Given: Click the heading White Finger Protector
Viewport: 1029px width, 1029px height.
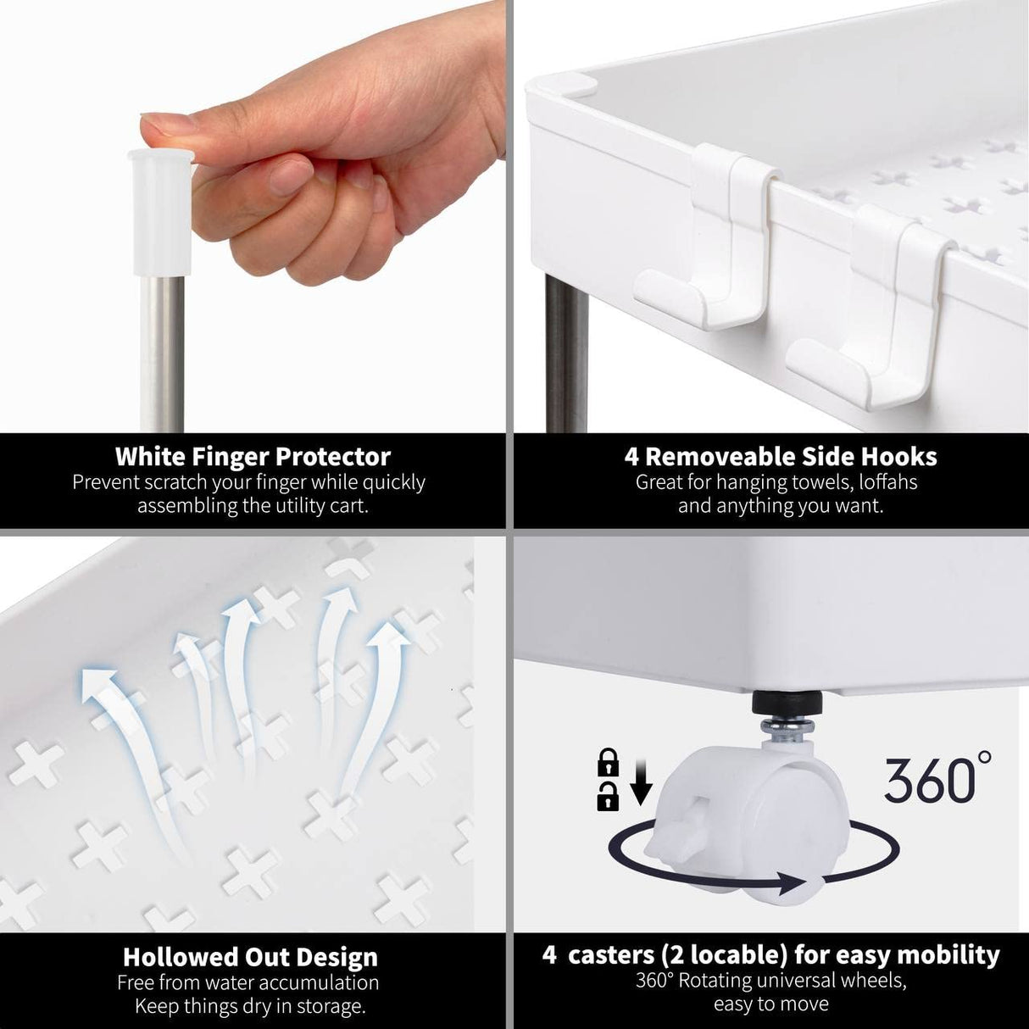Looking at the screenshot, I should coord(253,457).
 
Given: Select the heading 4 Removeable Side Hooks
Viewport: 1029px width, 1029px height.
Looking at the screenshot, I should coord(781,457).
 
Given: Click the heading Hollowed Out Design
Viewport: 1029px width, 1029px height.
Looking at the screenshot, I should coord(250,957).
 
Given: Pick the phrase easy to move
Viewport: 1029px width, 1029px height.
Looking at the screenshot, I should coord(770,1005).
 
